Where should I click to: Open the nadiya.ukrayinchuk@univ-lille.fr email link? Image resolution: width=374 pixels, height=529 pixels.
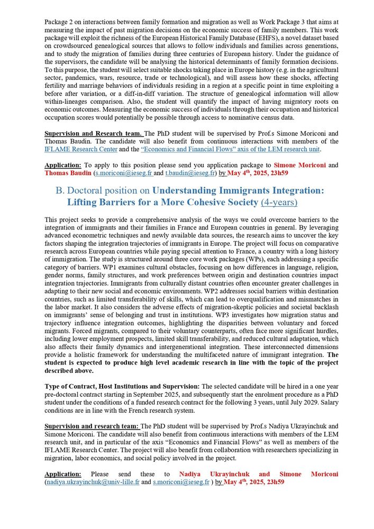(92, 482)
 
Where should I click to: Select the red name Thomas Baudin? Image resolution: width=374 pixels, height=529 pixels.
(68, 172)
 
